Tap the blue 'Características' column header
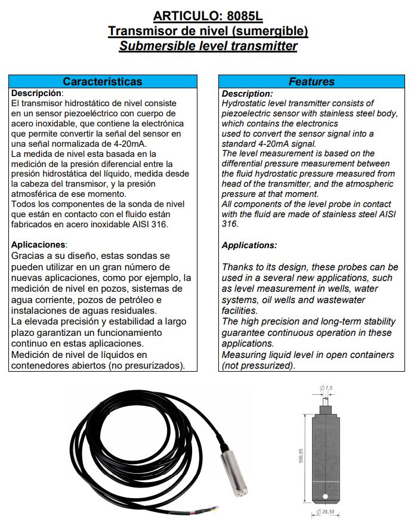[x=103, y=82]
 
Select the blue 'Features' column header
[x=311, y=82]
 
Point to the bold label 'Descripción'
[x=36, y=93]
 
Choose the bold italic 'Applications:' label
[x=249, y=245]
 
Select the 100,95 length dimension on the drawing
[x=301, y=456]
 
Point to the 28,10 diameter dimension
[x=327, y=512]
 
